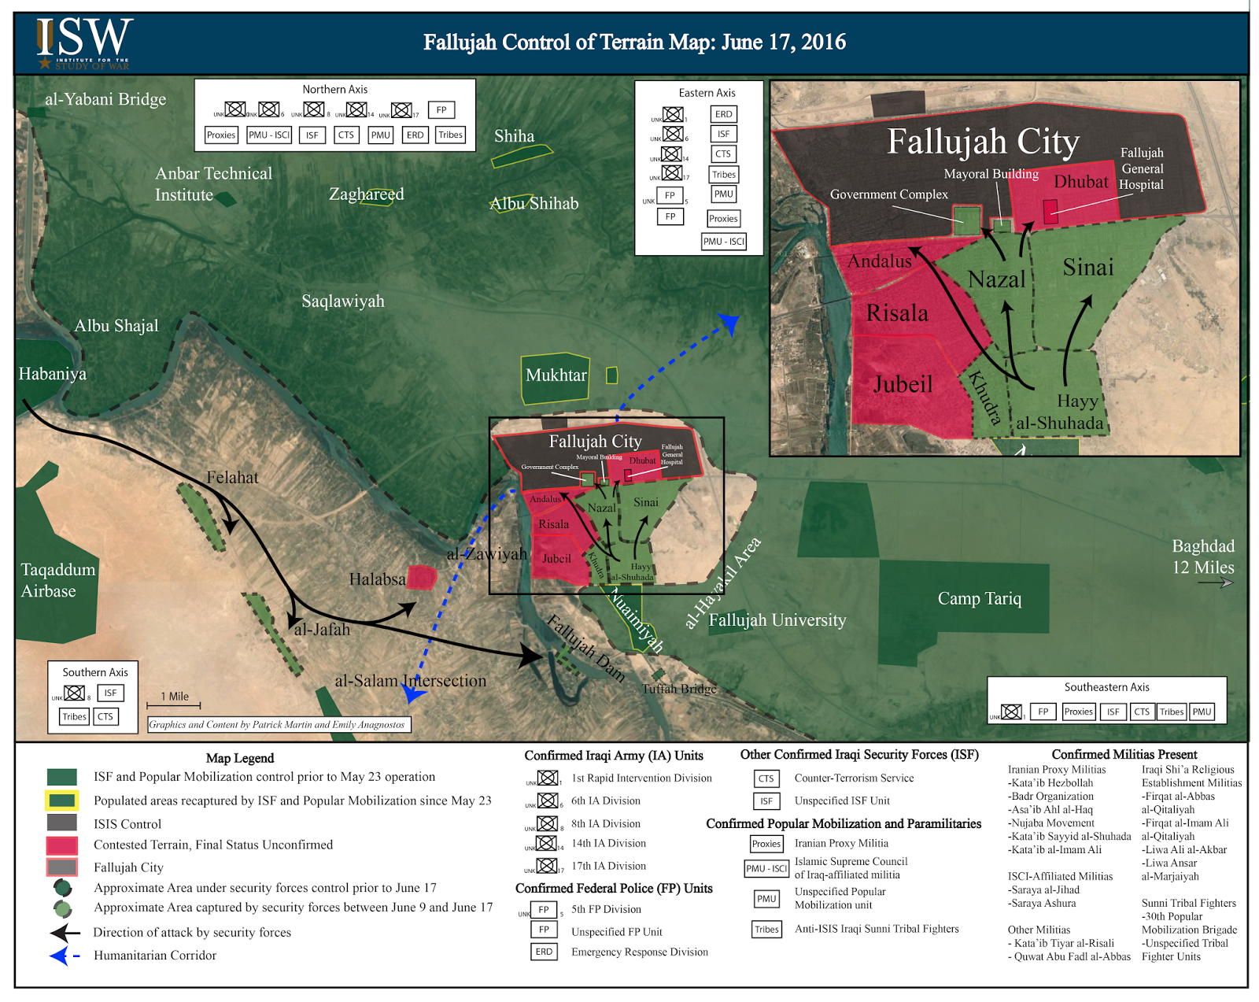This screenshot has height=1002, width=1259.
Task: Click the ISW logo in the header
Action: coord(83,43)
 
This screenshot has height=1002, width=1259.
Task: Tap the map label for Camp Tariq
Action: coord(979,599)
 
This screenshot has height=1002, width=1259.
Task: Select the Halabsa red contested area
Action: coord(422,577)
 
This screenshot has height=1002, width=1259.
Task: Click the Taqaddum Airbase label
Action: coord(57,580)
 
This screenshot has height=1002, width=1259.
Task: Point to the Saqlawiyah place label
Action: coord(343,301)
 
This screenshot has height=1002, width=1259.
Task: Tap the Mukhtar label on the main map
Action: coord(556,375)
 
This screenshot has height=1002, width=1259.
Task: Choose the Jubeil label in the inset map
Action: coord(902,384)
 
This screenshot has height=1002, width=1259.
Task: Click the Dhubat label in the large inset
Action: coord(1080,182)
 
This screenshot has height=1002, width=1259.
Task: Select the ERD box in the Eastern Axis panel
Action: coord(723,114)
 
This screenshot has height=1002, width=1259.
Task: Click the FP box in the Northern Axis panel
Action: coord(441,110)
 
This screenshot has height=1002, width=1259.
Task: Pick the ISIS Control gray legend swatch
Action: coord(62,823)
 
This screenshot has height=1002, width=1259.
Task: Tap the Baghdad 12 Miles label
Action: coord(1202,556)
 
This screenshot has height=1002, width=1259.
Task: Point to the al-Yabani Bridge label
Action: coord(105,99)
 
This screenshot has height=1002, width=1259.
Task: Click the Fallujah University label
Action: coord(777,620)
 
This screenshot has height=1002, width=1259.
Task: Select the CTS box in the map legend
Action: coord(766,778)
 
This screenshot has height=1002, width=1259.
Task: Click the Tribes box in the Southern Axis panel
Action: coord(75,716)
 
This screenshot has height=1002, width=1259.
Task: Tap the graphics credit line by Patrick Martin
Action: coord(279,724)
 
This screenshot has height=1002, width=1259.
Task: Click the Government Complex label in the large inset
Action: coord(888,194)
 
